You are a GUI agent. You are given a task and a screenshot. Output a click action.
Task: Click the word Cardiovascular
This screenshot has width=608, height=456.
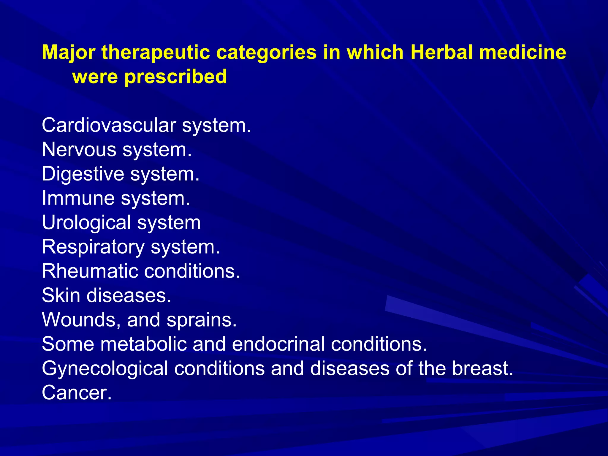(109, 125)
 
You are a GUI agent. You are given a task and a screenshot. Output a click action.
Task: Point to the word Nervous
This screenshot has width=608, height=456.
(79, 150)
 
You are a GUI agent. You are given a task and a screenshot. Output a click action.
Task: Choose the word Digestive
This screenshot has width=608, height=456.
(83, 174)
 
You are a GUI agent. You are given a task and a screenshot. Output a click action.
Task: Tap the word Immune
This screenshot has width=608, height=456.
(78, 198)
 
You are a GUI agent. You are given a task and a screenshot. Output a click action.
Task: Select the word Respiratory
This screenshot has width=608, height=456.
(93, 247)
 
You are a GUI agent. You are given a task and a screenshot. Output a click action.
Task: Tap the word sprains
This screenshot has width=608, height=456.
(201, 320)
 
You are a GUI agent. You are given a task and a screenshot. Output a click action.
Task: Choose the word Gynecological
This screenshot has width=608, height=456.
(105, 369)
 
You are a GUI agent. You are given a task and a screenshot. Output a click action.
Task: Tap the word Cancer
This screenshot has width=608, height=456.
(76, 393)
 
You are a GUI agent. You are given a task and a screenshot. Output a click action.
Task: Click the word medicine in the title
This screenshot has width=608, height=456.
(522, 53)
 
